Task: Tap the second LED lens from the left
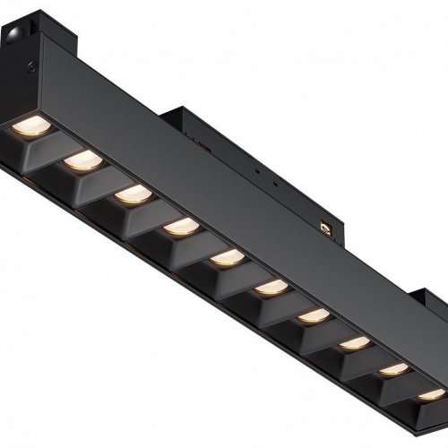82,159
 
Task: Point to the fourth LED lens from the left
181,226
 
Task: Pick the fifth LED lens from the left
226,258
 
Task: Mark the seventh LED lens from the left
313,316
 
